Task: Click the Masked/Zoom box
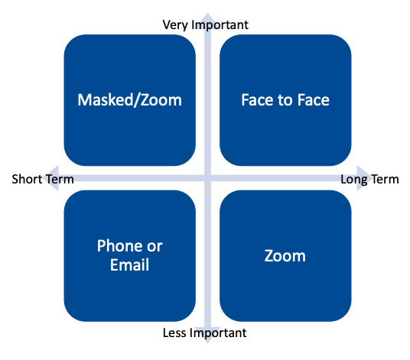tap(130, 100)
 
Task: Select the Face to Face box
tap(285, 100)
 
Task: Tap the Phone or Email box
tap(130, 256)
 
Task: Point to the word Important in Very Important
tap(220, 25)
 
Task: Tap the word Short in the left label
tap(27, 179)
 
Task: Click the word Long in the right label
tap(354, 180)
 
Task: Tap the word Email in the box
tap(130, 265)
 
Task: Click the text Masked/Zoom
tap(130, 100)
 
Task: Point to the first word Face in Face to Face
tap(256, 100)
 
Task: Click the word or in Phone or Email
tap(155, 247)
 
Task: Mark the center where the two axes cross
tap(207, 178)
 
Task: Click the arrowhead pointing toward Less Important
tap(207, 335)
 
